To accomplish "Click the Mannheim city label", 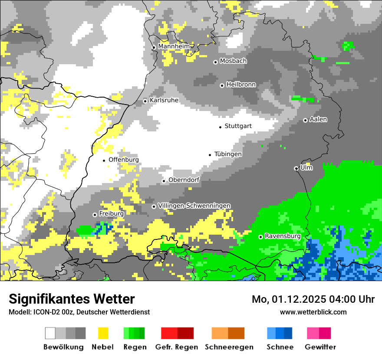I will point(174,46).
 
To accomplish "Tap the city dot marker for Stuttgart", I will point(220,127).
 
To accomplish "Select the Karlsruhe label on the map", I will point(164,100).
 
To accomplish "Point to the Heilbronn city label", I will point(241,85).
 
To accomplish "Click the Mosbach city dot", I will point(215,62).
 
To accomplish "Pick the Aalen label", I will point(318,119).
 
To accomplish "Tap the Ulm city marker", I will point(296,168).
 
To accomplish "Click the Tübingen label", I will point(228,154).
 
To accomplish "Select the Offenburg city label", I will point(123,160).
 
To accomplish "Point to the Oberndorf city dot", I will point(164,181).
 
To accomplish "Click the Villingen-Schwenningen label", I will point(194,206).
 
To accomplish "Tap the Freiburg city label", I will point(111,214).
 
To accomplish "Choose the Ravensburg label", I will point(283,236).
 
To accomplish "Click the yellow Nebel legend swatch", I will point(103,333).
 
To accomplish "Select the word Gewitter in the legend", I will point(320,347).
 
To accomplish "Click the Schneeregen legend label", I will point(229,347).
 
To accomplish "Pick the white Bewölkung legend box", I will point(50,333).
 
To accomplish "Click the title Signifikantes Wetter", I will point(72,299).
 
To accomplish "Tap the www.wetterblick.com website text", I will point(313,312).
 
